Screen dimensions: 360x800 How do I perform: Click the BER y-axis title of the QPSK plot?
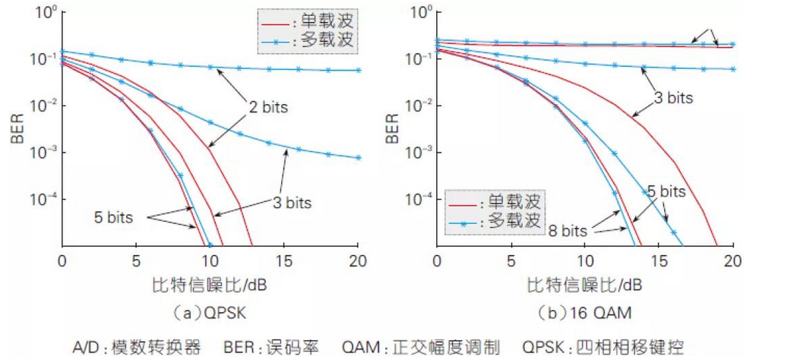[17, 128]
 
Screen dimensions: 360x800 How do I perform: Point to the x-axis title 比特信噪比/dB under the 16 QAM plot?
[584, 287]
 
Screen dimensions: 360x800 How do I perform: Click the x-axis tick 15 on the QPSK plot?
[284, 262]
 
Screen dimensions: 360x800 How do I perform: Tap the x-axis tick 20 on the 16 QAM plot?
[732, 262]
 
